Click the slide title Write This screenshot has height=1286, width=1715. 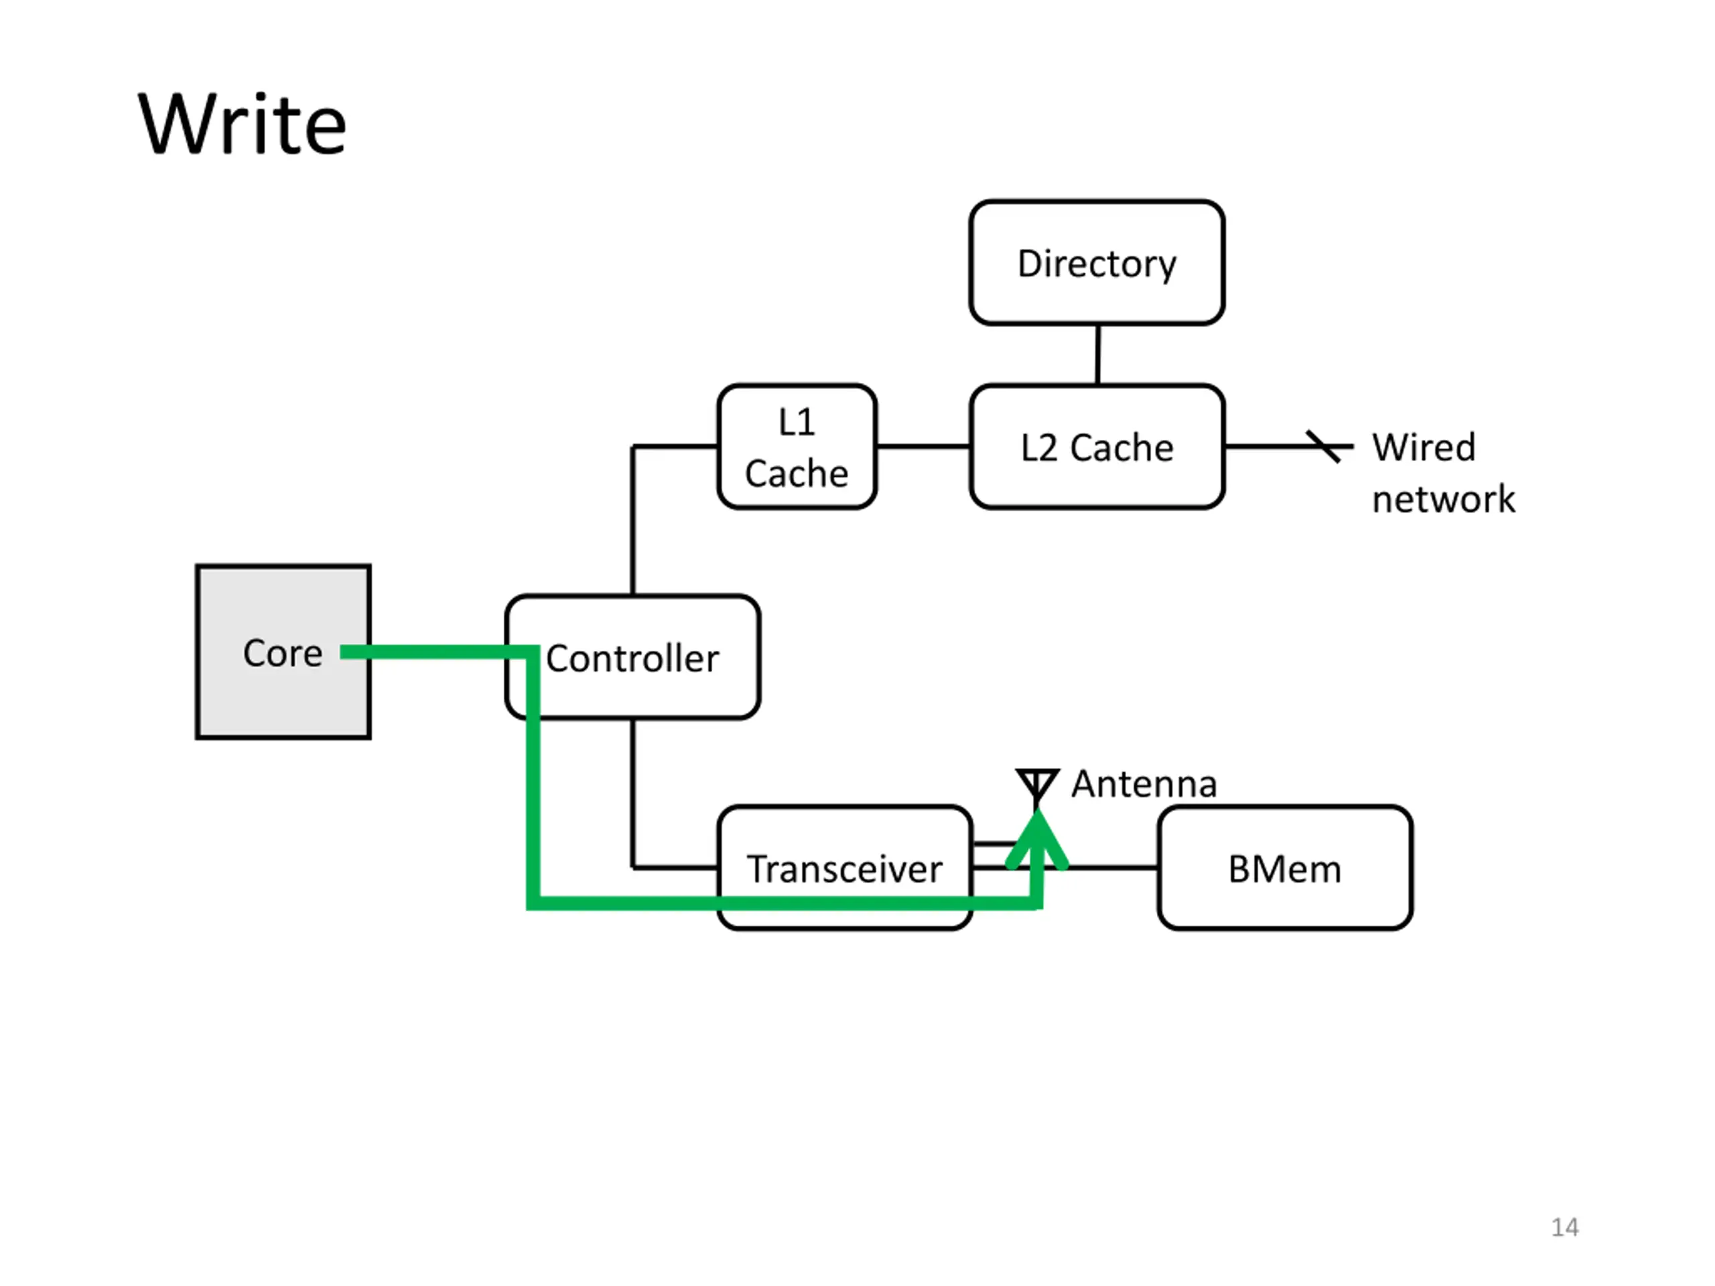(x=242, y=124)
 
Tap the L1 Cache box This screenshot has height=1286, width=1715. (x=797, y=447)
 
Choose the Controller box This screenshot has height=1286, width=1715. (x=632, y=657)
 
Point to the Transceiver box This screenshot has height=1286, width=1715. (x=845, y=867)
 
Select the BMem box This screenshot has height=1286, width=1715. (x=1285, y=867)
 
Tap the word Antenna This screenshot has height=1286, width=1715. (x=1144, y=784)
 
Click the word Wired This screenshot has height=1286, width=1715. (x=1424, y=447)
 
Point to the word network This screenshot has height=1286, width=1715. (x=1444, y=498)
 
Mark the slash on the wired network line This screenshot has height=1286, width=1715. (x=1322, y=447)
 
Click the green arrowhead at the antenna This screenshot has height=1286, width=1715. (x=1037, y=839)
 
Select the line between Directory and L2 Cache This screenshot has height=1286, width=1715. (x=1098, y=354)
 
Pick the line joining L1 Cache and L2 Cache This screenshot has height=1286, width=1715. (x=923, y=447)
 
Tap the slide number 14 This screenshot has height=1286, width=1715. (x=1564, y=1227)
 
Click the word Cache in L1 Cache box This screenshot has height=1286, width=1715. (x=797, y=473)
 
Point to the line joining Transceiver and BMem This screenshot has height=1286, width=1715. (x=1113, y=867)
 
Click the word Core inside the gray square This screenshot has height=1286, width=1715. (x=283, y=652)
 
